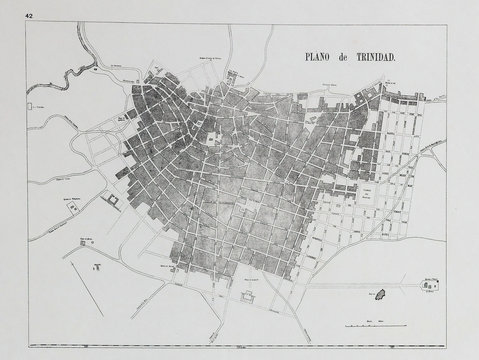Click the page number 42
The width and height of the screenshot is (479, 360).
pyautogui.click(x=32, y=17)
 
